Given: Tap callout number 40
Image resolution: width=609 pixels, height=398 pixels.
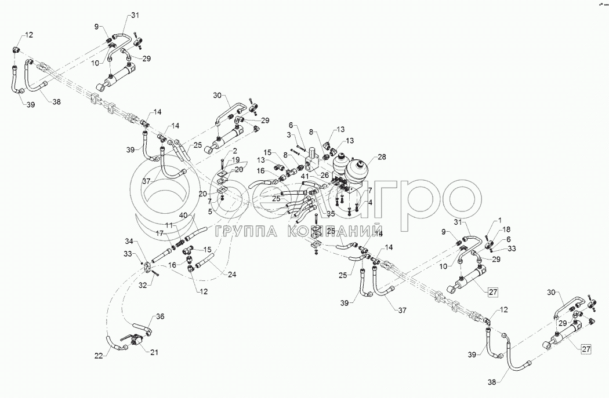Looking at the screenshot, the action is pyautogui.click(x=183, y=216).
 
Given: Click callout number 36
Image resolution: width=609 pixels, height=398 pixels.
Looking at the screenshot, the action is pyautogui.click(x=161, y=316).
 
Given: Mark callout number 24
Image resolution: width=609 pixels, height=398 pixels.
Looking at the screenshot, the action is pyautogui.click(x=216, y=274).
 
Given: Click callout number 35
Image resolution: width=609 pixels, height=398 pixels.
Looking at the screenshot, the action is pyautogui.click(x=331, y=214).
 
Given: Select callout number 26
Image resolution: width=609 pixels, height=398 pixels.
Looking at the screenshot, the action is pyautogui.click(x=325, y=176).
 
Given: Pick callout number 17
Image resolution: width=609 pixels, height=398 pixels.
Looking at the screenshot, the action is pyautogui.click(x=160, y=233).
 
